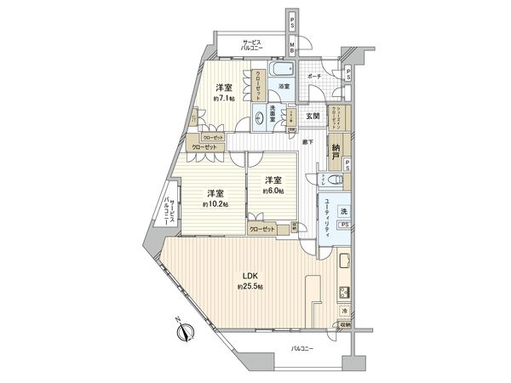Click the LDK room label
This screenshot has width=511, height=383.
(x=246, y=276)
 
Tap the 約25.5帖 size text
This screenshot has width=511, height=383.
(x=250, y=288)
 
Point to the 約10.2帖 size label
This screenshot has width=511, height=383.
(x=215, y=204)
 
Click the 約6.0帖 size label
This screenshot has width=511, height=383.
(x=273, y=191)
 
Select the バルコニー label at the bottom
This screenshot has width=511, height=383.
(x=301, y=349)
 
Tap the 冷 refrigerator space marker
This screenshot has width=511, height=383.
(x=344, y=312)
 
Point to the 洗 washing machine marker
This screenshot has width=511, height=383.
(x=344, y=209)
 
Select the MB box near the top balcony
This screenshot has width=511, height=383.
(x=291, y=49)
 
